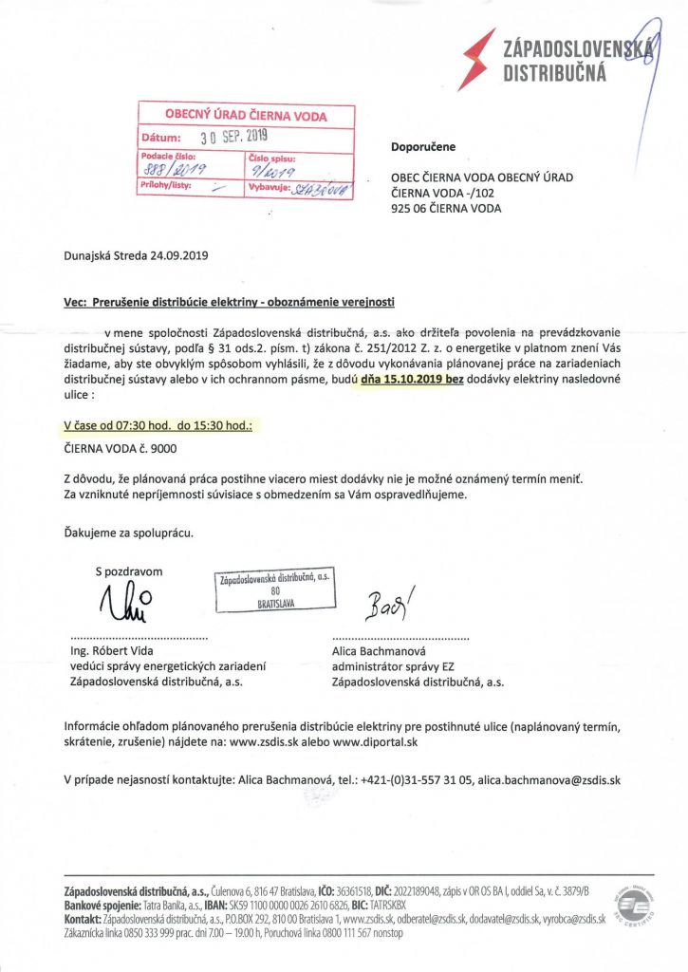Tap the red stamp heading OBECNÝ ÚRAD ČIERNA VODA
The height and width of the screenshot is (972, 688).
246,116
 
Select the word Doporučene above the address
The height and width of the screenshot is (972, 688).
423,147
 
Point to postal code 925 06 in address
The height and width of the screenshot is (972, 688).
418,209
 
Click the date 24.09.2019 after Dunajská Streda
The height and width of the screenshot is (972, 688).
179,256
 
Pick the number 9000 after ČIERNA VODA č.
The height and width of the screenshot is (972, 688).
162,448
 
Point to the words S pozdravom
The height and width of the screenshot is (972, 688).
129,571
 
